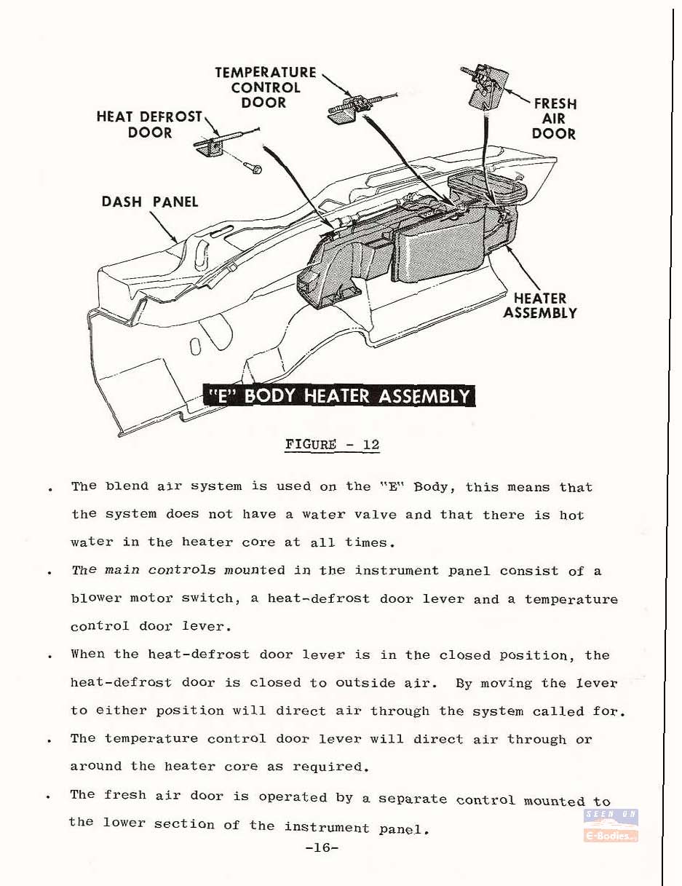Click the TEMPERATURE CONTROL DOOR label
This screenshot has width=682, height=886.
(266, 87)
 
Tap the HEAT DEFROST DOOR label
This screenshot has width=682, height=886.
(150, 124)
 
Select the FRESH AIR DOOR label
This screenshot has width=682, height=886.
(554, 119)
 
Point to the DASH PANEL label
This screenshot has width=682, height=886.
(150, 202)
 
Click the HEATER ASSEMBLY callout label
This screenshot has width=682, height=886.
(540, 305)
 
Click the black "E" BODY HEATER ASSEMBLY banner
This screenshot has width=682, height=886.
(339, 395)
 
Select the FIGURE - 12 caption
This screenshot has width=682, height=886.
(332, 444)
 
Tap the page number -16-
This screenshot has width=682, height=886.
(322, 847)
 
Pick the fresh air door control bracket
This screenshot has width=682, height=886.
(485, 88)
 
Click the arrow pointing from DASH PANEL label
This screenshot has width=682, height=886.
(161, 226)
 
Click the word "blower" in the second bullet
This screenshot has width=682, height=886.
(95, 598)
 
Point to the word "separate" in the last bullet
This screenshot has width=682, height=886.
(413, 799)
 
